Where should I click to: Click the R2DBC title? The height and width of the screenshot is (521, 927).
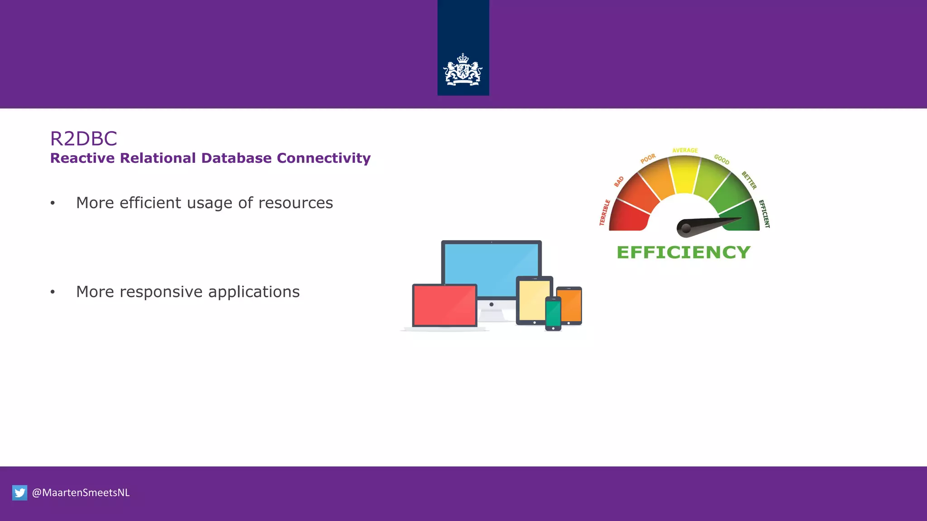pyautogui.click(x=84, y=138)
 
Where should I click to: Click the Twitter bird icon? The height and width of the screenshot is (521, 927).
pyautogui.click(x=20, y=493)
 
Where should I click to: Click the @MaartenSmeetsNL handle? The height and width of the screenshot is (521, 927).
pyautogui.click(x=81, y=493)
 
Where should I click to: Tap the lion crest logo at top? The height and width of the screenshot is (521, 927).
pyautogui.click(x=463, y=70)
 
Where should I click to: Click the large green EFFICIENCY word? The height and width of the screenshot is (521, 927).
pyautogui.click(x=683, y=252)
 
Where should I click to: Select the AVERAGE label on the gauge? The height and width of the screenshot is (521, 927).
pyautogui.click(x=685, y=150)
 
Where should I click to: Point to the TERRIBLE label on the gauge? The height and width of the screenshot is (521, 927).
pyautogui.click(x=605, y=213)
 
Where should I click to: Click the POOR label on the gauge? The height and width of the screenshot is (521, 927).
pyautogui.click(x=648, y=159)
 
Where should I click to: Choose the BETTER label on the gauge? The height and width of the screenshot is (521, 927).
pyautogui.click(x=749, y=180)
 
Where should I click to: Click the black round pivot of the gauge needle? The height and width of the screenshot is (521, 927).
pyautogui.click(x=686, y=228)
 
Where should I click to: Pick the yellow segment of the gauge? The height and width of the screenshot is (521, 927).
pyautogui.click(x=684, y=174)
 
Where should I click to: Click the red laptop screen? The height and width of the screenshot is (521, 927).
pyautogui.click(x=444, y=305)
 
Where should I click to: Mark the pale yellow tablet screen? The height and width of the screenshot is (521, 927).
pyautogui.click(x=534, y=300)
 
